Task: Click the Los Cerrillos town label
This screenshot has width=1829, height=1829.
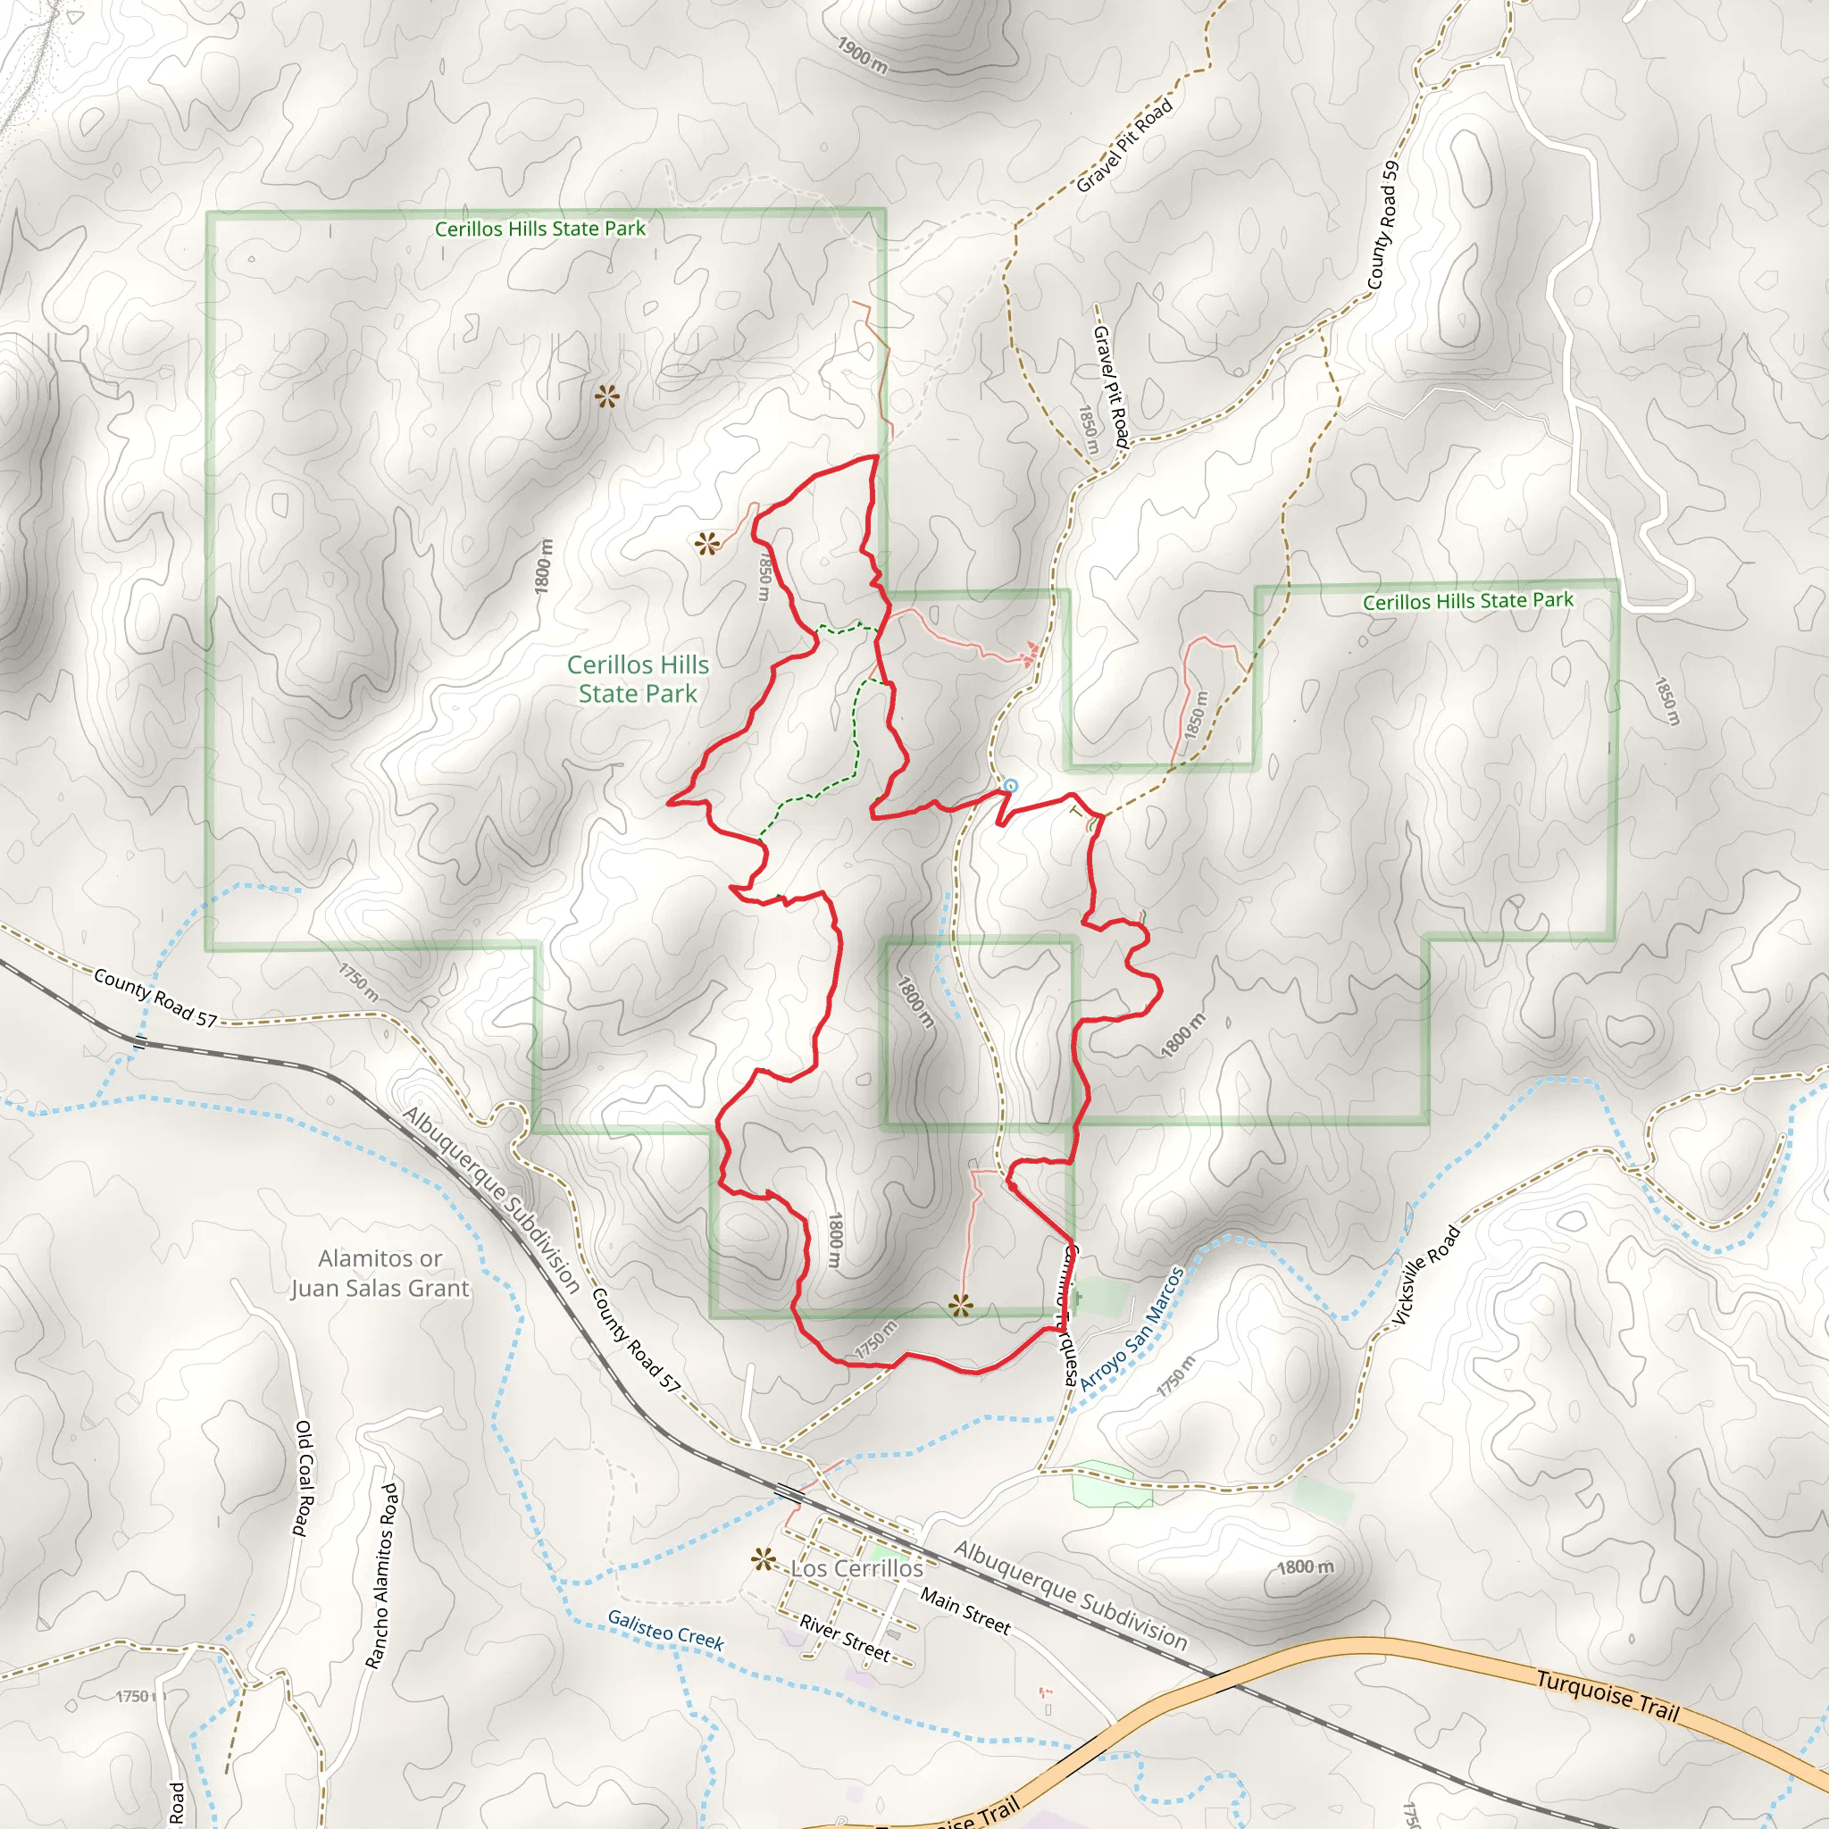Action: click(856, 1568)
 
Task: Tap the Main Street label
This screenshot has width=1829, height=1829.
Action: click(965, 1611)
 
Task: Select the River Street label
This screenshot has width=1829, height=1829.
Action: click(845, 1638)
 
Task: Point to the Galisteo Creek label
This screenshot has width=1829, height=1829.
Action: click(665, 1630)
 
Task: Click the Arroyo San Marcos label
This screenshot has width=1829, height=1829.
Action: click(1132, 1328)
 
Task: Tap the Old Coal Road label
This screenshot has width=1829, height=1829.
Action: click(302, 1478)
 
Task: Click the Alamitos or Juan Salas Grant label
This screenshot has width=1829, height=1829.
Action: click(380, 1274)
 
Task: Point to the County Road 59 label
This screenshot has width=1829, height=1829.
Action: click(1382, 225)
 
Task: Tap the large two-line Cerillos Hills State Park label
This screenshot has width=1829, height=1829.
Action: click(638, 680)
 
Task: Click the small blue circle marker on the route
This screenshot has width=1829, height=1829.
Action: click(1010, 786)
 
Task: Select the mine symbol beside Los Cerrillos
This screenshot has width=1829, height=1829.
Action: click(763, 1559)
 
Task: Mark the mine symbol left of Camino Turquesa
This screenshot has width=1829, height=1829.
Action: click(960, 1307)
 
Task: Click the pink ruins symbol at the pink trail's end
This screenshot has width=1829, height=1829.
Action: click(1030, 652)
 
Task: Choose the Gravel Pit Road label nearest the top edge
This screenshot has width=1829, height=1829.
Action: click(1124, 145)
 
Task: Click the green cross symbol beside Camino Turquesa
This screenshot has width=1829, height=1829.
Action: click(1076, 1296)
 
